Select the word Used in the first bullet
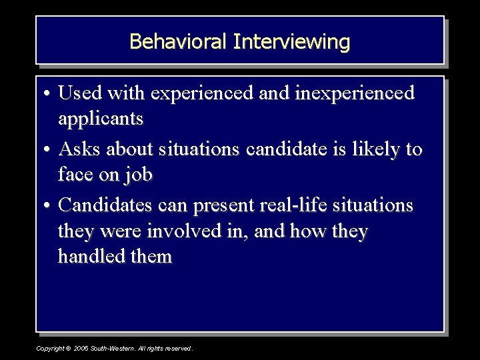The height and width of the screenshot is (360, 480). coord(80,93)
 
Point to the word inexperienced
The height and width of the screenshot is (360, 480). coord(357,93)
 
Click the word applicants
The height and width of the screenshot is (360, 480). coord(101,119)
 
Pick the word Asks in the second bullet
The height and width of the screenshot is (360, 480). coord(80,149)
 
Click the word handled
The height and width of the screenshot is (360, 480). coord(90,257)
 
